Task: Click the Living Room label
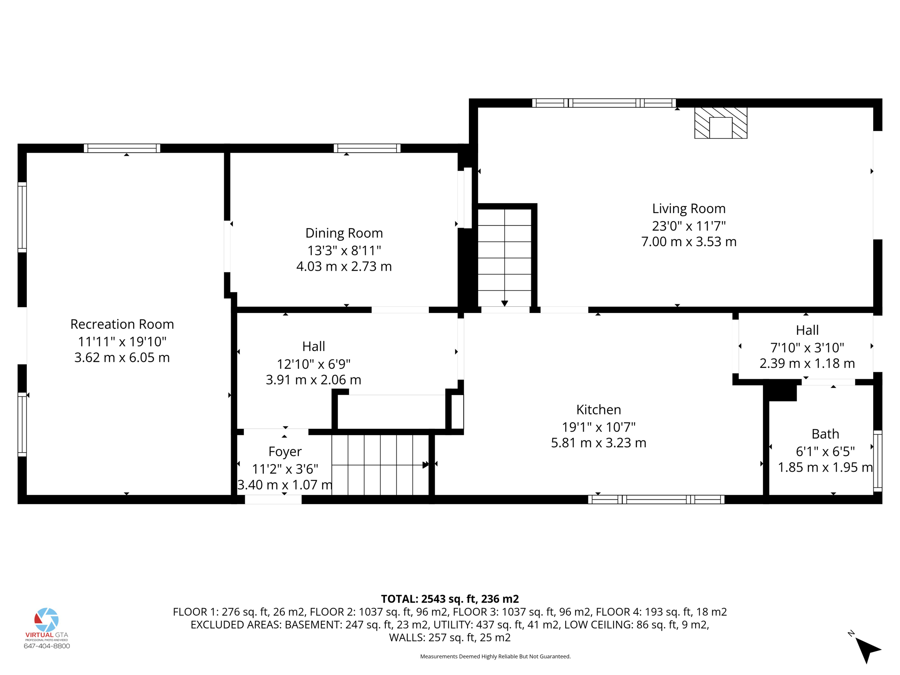point(688,208)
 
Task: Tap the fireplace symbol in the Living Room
point(721,123)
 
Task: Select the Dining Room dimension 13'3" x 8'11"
point(344,250)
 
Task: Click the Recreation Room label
point(122,324)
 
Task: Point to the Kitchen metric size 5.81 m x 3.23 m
point(599,443)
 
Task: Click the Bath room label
point(825,434)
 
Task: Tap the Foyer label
point(285,452)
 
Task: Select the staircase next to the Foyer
point(380,465)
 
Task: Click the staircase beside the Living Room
point(504,257)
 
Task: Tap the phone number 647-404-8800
point(47,646)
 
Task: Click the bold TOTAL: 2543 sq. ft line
point(450,599)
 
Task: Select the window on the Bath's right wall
point(877,461)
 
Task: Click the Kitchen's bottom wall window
point(656,499)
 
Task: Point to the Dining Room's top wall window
point(367,148)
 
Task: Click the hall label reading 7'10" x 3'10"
point(807,347)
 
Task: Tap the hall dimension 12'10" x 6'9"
point(313,364)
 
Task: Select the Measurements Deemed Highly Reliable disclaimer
point(495,657)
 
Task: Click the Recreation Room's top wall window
point(122,148)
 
